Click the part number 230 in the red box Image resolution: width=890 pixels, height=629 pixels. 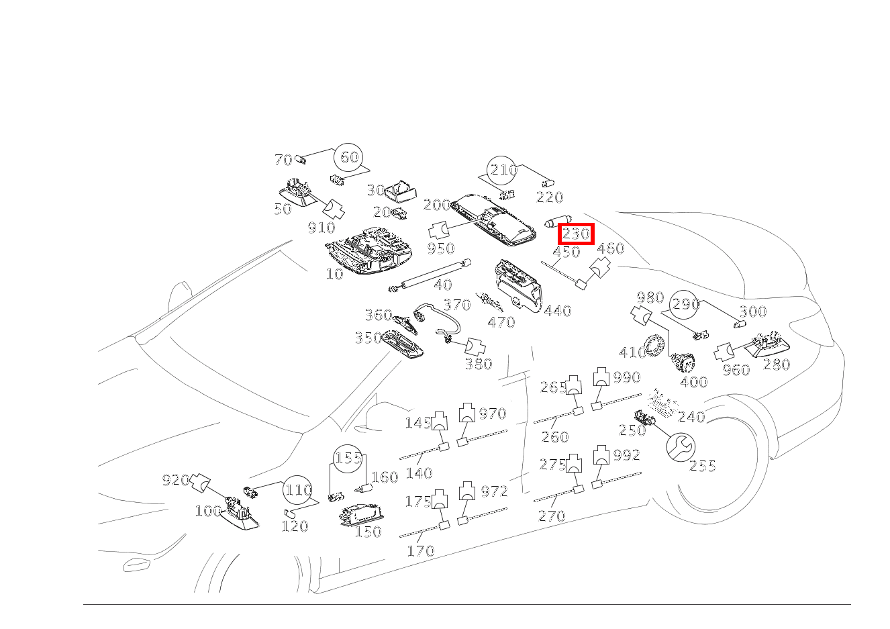[x=576, y=234]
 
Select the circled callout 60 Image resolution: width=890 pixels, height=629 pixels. [x=349, y=158]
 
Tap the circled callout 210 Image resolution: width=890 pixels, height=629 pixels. [x=502, y=170]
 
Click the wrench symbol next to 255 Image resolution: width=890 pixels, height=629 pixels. [x=681, y=447]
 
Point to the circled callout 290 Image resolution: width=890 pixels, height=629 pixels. [x=684, y=304]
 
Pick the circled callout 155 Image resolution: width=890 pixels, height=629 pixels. [x=348, y=458]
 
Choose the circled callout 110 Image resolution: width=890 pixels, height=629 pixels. [x=297, y=489]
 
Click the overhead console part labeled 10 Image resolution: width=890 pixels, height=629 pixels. [x=368, y=252]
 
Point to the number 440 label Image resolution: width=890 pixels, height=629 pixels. [x=558, y=311]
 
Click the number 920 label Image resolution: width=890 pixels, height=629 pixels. [x=176, y=480]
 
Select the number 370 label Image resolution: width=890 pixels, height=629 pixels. [x=457, y=305]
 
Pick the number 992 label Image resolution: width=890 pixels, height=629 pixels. [x=627, y=455]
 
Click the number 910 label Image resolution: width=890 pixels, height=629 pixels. [x=322, y=228]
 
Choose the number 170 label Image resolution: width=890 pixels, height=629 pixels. [x=421, y=550]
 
